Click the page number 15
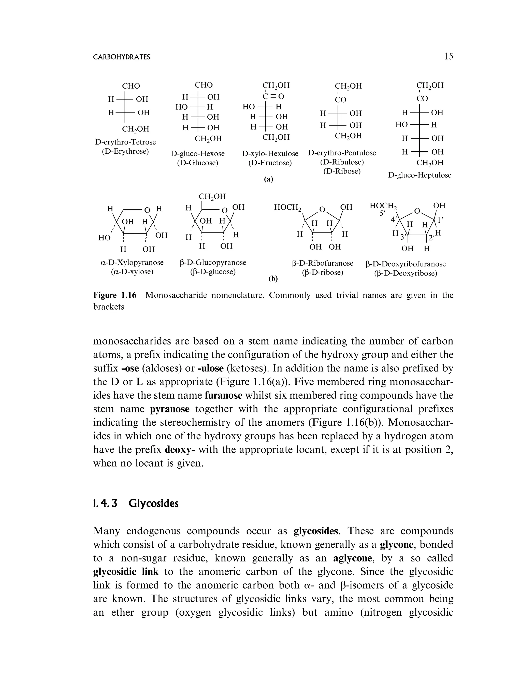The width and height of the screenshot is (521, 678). click(x=448, y=56)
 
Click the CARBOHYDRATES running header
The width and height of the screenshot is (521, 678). click(x=122, y=57)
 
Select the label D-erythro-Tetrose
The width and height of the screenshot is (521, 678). click(x=125, y=142)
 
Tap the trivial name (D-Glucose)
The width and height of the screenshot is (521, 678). click(x=198, y=163)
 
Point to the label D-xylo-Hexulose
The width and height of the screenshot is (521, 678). click(x=270, y=153)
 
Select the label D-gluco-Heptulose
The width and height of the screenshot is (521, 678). click(x=419, y=175)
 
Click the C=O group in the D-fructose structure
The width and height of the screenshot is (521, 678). click(x=273, y=96)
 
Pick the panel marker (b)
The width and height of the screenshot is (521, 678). click(x=273, y=279)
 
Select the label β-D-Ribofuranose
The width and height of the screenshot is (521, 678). click(x=323, y=263)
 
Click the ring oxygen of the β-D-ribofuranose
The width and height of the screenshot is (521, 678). click(x=323, y=210)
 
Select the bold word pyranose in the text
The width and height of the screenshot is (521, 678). click(x=170, y=409)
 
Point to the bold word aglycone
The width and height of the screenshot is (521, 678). click(x=352, y=558)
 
